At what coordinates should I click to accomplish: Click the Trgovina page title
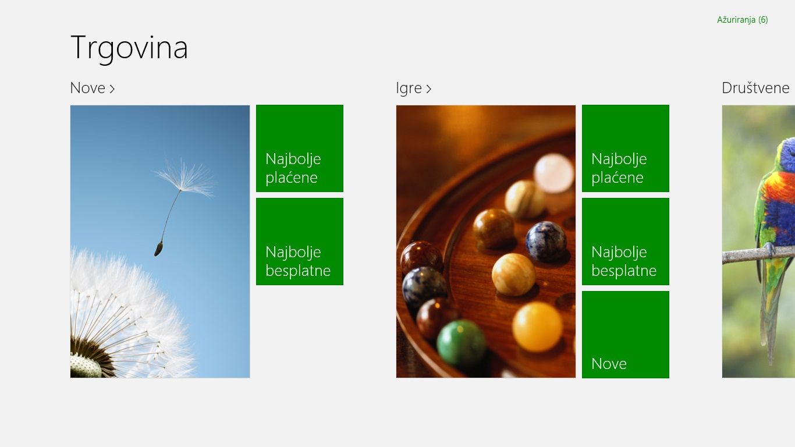[129, 48]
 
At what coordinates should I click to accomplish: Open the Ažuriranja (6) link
[742, 20]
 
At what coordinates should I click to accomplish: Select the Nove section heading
[88, 88]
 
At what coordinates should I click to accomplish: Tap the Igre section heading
[409, 88]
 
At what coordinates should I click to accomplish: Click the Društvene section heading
[755, 88]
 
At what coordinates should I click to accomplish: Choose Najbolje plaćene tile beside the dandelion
[300, 148]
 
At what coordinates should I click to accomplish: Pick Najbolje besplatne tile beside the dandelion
[300, 242]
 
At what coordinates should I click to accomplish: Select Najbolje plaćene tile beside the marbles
[626, 148]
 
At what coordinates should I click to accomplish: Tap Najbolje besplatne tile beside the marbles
[626, 242]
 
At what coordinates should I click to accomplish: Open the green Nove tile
[626, 335]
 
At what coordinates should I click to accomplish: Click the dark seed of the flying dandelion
[158, 249]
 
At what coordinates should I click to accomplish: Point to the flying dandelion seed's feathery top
[185, 178]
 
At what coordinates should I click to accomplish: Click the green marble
[461, 342]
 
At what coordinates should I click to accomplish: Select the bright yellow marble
[537, 327]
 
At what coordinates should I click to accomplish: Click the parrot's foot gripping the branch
[769, 249]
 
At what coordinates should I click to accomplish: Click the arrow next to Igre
[428, 88]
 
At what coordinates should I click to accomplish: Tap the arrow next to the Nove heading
[112, 88]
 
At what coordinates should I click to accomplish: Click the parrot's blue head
[787, 152]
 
